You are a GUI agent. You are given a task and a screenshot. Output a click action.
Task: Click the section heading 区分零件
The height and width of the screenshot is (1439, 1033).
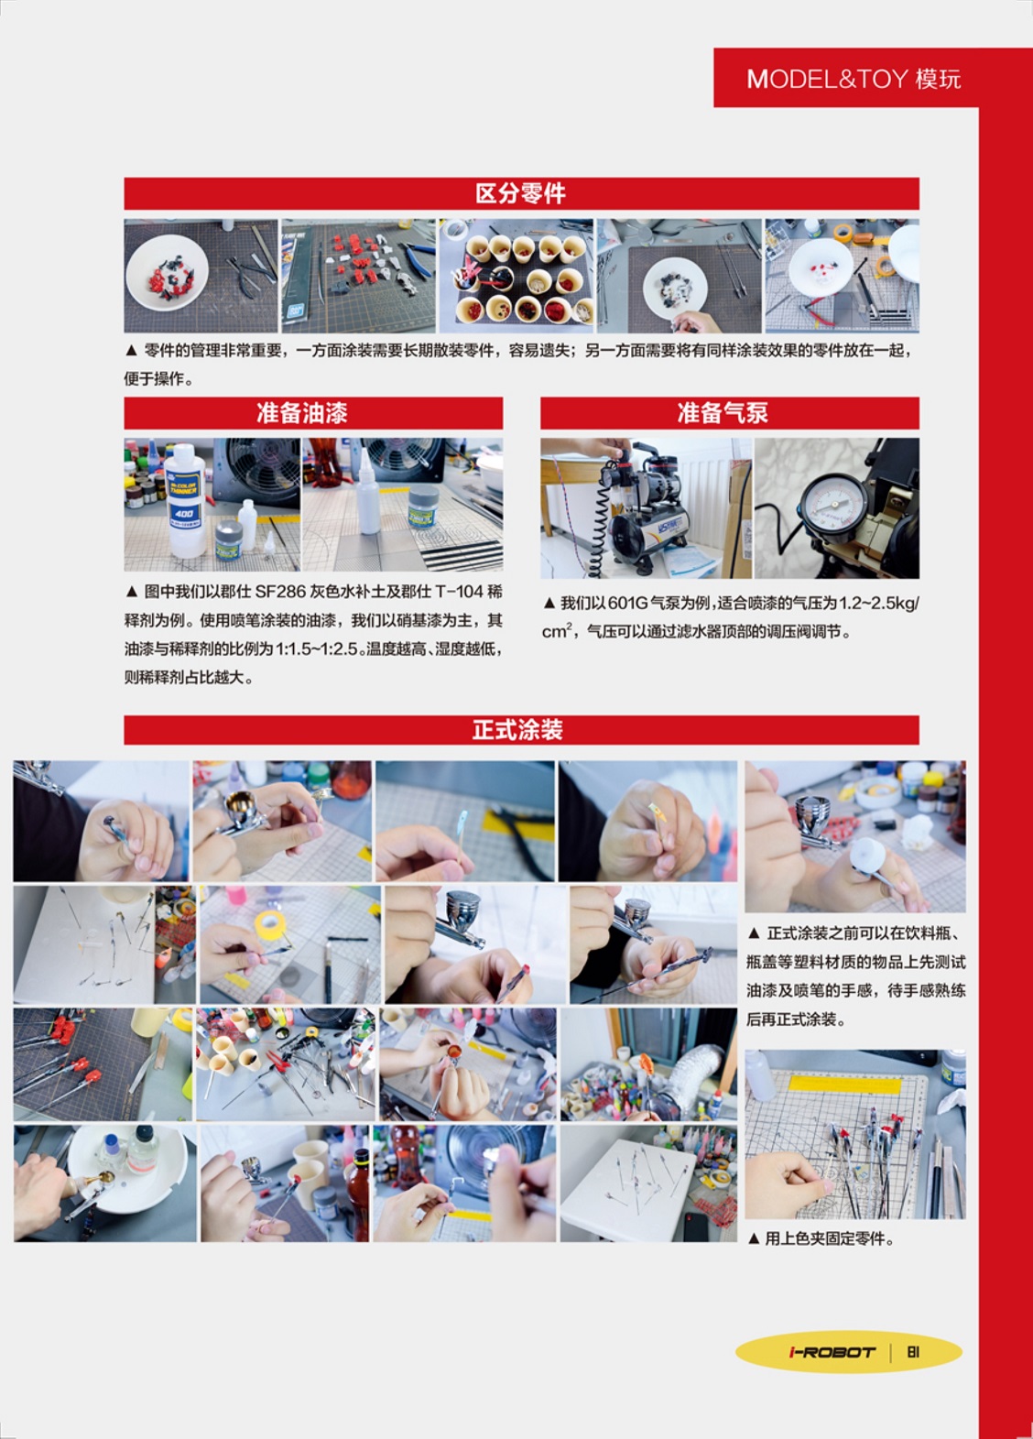(x=520, y=193)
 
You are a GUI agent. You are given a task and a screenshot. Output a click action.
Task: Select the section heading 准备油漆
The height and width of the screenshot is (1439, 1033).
(x=302, y=413)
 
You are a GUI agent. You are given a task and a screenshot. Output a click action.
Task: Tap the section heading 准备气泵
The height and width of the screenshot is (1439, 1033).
(x=723, y=413)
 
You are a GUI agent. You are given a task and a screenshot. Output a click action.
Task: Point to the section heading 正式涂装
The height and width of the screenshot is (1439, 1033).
(x=517, y=730)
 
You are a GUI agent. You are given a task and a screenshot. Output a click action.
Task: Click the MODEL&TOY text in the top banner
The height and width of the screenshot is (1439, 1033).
(x=827, y=79)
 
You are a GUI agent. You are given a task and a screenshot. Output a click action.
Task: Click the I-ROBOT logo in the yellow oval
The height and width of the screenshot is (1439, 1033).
(x=832, y=1352)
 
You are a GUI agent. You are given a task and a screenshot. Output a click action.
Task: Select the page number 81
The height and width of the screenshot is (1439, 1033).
(x=913, y=1352)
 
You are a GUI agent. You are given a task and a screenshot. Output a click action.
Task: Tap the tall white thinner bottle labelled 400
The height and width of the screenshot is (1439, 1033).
(x=184, y=500)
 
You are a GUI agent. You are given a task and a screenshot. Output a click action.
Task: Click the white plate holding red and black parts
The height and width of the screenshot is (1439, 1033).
(x=167, y=272)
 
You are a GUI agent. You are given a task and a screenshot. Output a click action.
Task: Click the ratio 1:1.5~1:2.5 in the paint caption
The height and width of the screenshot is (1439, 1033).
(x=316, y=649)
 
